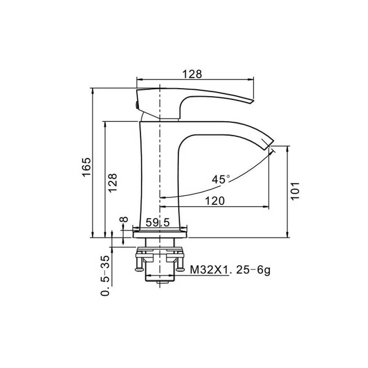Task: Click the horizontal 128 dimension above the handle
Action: click(x=192, y=74)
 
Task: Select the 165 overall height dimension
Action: click(x=86, y=167)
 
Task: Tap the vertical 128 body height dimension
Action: click(x=112, y=183)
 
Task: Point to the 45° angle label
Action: click(x=220, y=180)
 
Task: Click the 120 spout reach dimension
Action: click(x=215, y=201)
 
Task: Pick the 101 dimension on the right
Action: click(x=295, y=191)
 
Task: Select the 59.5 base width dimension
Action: click(x=158, y=222)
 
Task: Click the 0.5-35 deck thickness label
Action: click(x=105, y=276)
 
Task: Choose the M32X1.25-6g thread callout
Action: click(x=230, y=270)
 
